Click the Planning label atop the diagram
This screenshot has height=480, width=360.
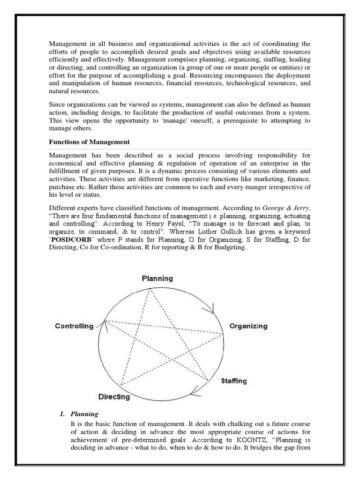pyautogui.click(x=157, y=278)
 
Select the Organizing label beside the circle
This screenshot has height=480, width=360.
pyautogui.click(x=248, y=326)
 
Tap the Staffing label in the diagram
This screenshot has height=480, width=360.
pyautogui.click(x=233, y=381)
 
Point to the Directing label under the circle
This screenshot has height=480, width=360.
pyautogui.click(x=114, y=397)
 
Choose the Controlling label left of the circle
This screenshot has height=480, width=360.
pyautogui.click(x=74, y=326)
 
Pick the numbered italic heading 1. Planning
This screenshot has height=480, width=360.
pyautogui.click(x=79, y=414)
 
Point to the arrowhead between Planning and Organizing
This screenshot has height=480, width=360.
pyautogui.click(x=213, y=308)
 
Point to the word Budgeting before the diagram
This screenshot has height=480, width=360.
pyautogui.click(x=229, y=247)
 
